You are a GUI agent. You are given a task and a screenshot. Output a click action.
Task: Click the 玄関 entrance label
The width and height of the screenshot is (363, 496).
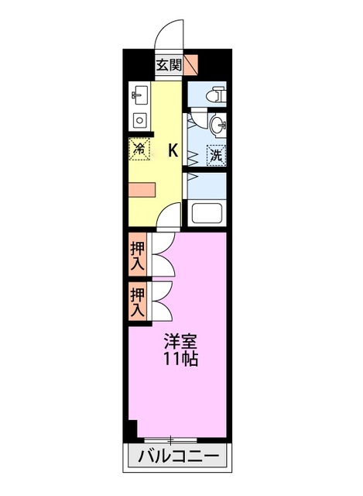coord(169,65)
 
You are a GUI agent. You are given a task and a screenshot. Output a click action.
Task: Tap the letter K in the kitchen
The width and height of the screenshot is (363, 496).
coord(173,151)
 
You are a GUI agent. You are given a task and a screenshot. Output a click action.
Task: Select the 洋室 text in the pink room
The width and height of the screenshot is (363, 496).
coord(178,342)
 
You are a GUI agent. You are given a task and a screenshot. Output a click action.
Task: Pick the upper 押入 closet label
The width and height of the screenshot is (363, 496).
coord(137,255)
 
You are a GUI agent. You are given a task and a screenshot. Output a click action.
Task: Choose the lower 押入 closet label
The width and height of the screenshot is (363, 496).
coord(137,302)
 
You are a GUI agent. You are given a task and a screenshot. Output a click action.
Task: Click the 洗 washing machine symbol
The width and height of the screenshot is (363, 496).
coord(216,153)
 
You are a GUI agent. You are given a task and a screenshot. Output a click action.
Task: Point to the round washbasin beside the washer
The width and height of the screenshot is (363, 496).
coord(218,123)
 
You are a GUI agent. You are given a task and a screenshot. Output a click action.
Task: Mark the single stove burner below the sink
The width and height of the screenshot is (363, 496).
coord(139,120)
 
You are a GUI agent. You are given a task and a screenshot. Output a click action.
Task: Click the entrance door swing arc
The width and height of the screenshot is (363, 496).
coord(168,35)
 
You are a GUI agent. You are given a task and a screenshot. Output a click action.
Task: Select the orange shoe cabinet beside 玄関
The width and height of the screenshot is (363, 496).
coord(190,65)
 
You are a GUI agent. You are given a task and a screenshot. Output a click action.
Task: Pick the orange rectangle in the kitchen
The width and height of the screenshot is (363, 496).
coord(142,189)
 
